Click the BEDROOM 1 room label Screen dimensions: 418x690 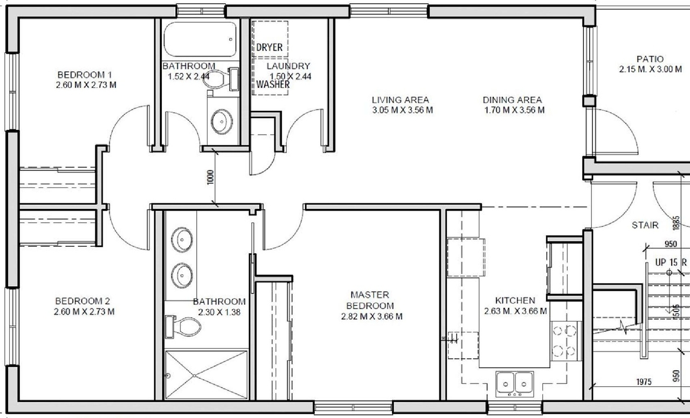85,75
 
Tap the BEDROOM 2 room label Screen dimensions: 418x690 82,301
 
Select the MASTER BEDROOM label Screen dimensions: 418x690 370,300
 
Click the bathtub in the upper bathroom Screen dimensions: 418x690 200,39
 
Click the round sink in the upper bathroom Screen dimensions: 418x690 221,121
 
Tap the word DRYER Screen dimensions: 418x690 269,48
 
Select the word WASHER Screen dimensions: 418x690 273,85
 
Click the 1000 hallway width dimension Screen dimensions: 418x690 210,177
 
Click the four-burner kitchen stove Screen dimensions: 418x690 564,340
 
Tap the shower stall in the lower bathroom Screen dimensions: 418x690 206,375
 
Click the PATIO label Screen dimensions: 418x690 650,59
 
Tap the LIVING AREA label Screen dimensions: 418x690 400,100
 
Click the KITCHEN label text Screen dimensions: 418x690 515,301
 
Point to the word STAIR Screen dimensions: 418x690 645,225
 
